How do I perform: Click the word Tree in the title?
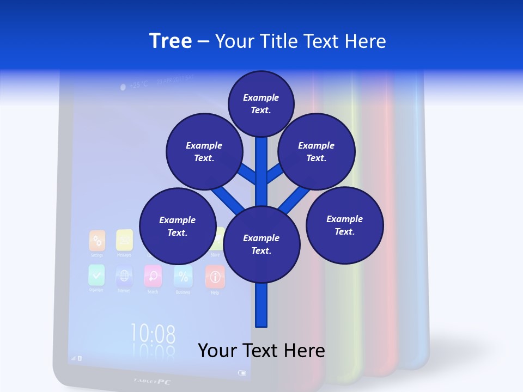(171, 41)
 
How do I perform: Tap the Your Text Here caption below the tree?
(261, 351)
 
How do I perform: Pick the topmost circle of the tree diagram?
(261, 103)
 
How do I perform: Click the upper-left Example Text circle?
(204, 151)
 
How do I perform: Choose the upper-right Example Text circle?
(317, 151)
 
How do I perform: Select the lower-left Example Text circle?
(178, 226)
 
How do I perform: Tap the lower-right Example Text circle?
(345, 225)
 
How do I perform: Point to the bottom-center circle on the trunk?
(261, 244)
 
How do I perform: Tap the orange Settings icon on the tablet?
(97, 240)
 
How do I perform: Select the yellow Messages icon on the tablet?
(125, 240)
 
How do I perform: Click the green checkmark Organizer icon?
(96, 275)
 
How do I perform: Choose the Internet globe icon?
(124, 276)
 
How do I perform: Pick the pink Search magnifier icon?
(153, 276)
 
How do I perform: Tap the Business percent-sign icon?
(183, 277)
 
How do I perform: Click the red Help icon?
(215, 277)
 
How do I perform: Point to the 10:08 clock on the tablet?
(153, 333)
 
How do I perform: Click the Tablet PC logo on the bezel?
(152, 381)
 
